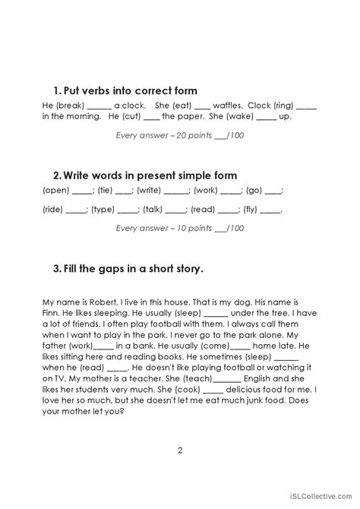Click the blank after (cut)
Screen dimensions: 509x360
(151, 117)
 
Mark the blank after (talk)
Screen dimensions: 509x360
(175, 210)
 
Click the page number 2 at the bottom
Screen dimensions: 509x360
(180, 450)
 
